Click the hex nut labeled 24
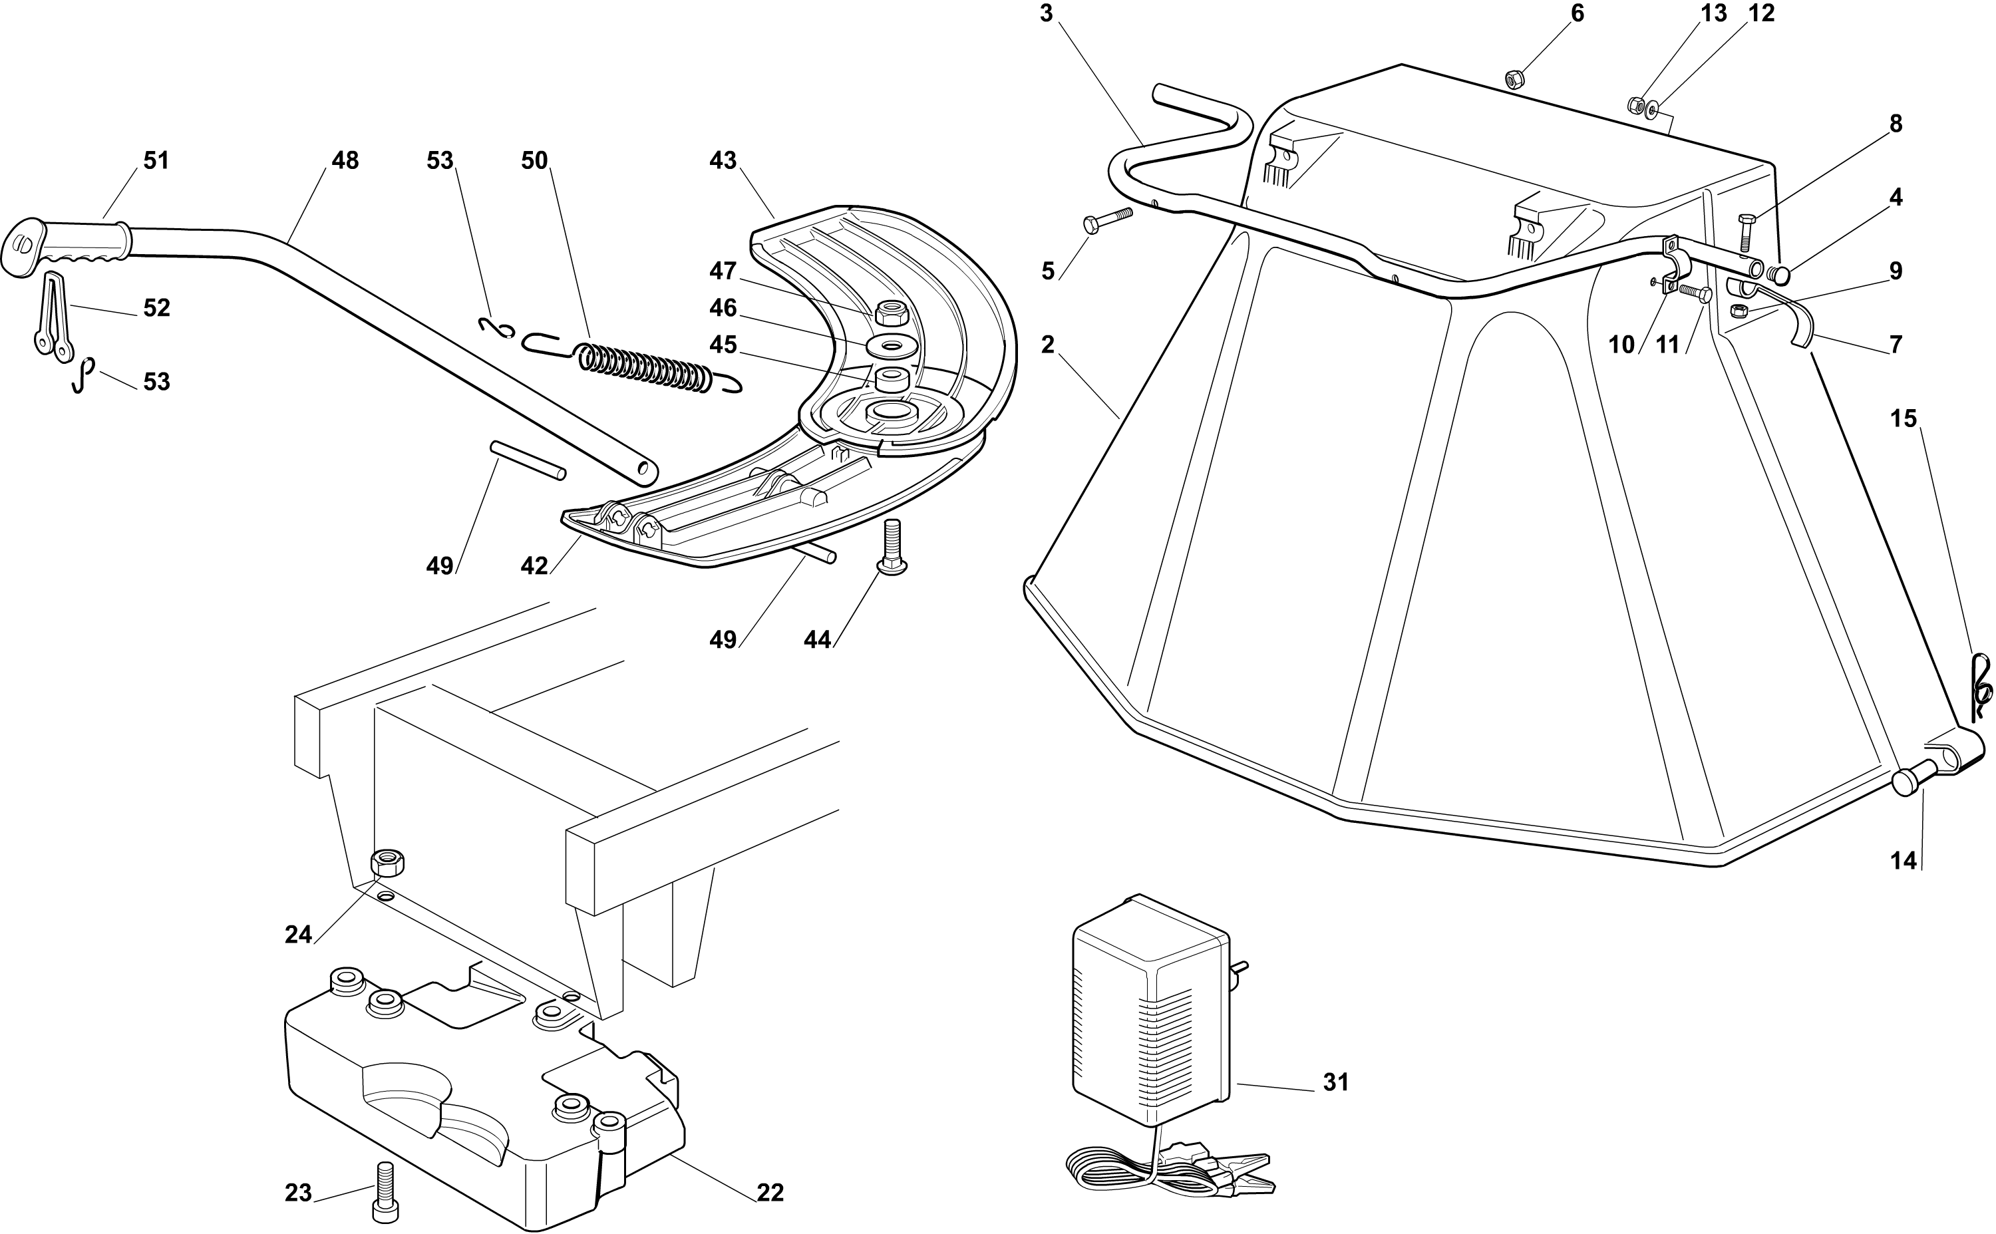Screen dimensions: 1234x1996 pyautogui.click(x=388, y=862)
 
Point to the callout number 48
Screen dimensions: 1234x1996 pyautogui.click(x=345, y=161)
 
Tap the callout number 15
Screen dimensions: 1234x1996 pyautogui.click(x=1903, y=418)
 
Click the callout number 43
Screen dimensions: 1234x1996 pyautogui.click(x=722, y=161)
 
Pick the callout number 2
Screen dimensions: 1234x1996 pyautogui.click(x=1048, y=345)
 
